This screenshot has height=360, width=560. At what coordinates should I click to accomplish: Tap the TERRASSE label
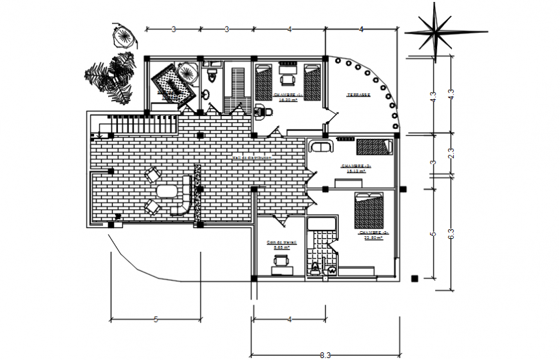click(x=359, y=95)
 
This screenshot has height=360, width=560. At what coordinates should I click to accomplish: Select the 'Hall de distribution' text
click(x=252, y=157)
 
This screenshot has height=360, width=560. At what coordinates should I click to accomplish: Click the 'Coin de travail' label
click(x=279, y=243)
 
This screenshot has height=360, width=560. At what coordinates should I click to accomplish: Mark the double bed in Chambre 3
click(x=369, y=210)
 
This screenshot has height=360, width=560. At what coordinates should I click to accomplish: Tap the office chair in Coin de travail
click(x=281, y=260)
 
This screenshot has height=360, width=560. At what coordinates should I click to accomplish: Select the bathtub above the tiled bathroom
click(x=321, y=224)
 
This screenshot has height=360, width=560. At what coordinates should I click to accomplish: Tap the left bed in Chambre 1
click(x=265, y=81)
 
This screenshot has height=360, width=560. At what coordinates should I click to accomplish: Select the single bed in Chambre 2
click(x=374, y=147)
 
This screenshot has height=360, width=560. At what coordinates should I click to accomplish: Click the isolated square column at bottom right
click(x=415, y=278)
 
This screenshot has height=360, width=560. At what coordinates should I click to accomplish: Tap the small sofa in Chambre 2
click(x=320, y=147)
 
